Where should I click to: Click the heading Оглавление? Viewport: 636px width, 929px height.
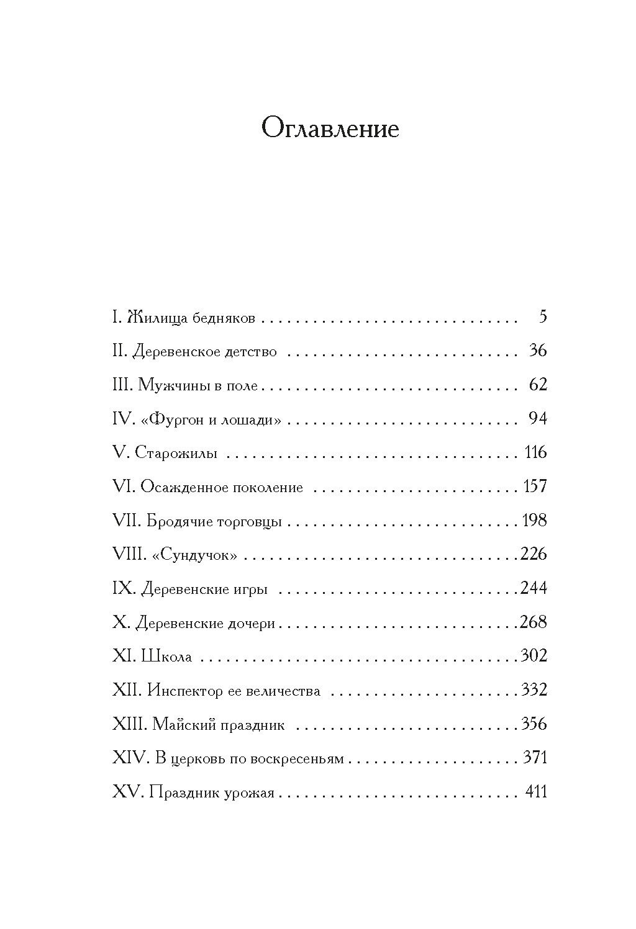[330, 129]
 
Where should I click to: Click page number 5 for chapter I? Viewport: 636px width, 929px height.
[542, 317]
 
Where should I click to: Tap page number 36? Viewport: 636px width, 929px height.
[537, 351]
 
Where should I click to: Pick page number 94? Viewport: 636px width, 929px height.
[537, 418]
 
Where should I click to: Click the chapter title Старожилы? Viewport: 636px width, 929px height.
[176, 453]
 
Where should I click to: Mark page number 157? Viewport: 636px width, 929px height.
[535, 486]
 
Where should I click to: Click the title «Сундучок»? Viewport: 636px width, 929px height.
[194, 554]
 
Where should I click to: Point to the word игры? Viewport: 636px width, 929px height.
[251, 589]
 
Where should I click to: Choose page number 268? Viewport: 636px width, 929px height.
[534, 621]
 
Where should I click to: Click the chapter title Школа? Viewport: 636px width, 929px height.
[166, 656]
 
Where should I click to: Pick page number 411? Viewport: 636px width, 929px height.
[535, 791]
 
